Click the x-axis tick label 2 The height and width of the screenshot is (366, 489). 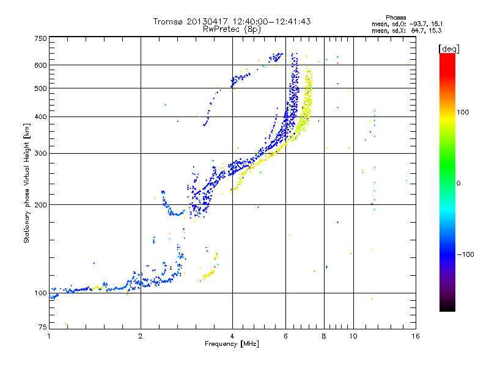tap(141, 335)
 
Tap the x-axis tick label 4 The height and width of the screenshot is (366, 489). tap(232, 335)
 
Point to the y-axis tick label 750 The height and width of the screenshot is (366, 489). tap(41, 38)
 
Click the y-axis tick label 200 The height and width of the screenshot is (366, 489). tap(41, 204)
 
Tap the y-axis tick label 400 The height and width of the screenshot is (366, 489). tap(41, 117)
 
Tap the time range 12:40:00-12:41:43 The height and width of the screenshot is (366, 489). tap(269, 21)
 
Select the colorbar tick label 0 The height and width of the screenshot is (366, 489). tap(458, 183)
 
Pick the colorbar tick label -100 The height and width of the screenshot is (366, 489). tap(465, 254)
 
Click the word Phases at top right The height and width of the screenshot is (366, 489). tap(397, 16)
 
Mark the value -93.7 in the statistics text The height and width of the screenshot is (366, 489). tap(415, 23)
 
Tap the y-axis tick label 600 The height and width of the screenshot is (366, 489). tap(41, 65)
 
